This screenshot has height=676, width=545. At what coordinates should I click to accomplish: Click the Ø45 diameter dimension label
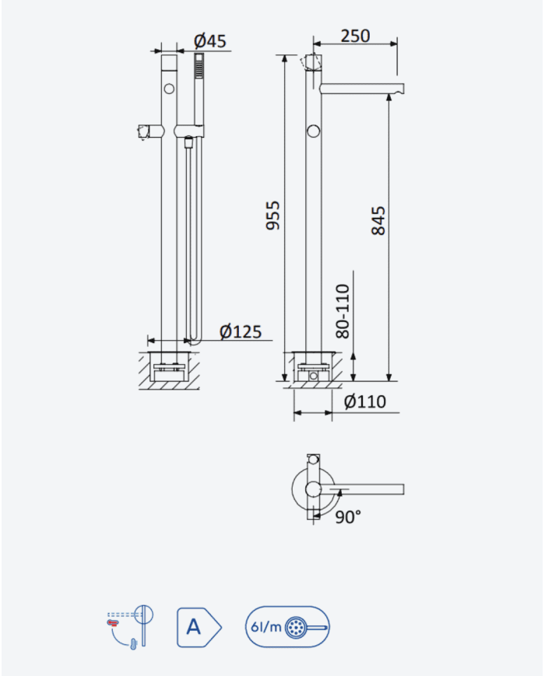[209, 41]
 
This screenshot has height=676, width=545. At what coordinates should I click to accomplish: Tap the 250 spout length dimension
[355, 36]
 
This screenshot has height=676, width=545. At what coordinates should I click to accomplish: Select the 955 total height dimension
[272, 215]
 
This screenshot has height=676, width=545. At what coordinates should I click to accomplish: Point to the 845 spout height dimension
[378, 220]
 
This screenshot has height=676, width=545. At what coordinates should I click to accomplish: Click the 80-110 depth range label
[343, 311]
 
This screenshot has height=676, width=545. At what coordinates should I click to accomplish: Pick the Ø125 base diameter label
[241, 331]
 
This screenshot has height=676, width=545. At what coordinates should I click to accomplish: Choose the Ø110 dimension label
[365, 401]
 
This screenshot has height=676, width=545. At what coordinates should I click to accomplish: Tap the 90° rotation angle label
[348, 517]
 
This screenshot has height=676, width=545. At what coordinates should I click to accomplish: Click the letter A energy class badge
[199, 627]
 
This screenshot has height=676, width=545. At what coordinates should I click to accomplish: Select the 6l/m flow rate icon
[287, 627]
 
